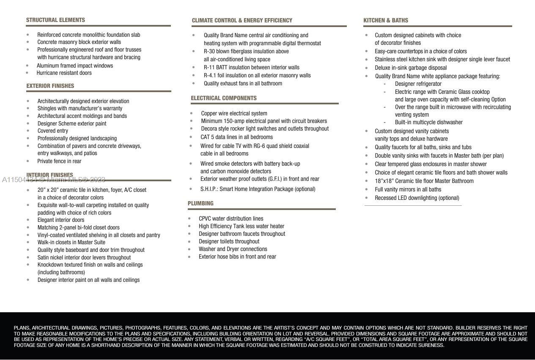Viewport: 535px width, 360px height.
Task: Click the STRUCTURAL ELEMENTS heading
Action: click(55, 20)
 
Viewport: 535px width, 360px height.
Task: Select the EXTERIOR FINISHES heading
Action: click(50, 86)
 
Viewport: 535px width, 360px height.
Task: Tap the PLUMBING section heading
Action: click(200, 204)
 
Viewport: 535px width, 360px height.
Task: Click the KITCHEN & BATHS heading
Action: click(385, 20)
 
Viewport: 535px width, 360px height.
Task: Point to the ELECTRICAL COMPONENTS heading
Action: click(223, 98)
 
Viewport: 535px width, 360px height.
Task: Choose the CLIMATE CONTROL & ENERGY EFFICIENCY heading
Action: click(242, 21)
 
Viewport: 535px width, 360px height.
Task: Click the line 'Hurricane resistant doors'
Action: click(64, 73)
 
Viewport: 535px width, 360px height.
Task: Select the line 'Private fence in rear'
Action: click(59, 161)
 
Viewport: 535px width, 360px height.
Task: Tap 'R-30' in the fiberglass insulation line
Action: click(210, 52)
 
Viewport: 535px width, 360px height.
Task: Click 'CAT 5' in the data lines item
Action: click(207, 137)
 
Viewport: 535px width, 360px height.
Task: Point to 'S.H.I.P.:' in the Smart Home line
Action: click(209, 189)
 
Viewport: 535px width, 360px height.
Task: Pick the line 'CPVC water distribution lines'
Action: click(231, 219)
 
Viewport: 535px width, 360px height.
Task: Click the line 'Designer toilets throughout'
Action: click(229, 242)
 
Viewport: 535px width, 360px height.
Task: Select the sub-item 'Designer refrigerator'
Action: click(418, 84)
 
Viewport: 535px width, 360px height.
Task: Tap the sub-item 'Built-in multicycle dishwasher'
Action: click(428, 123)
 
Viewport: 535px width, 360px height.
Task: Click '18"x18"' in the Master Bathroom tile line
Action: click(384, 181)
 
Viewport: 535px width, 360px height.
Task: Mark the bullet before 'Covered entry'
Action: click(28, 131)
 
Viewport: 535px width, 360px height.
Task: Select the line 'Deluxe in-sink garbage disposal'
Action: click(410, 68)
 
